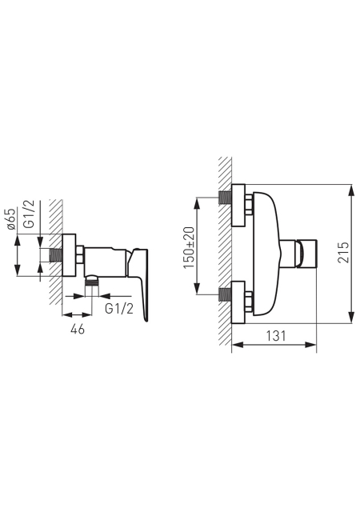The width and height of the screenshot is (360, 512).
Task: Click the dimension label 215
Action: [343, 253]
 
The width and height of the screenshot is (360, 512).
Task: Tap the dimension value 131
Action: [276, 335]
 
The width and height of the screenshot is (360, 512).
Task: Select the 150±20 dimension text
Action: [189, 247]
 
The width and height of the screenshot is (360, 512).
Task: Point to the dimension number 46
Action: [78, 329]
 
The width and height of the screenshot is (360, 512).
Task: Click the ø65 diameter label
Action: [12, 218]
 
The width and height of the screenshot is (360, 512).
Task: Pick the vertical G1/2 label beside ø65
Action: [30, 214]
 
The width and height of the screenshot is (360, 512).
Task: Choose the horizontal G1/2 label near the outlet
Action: [119, 308]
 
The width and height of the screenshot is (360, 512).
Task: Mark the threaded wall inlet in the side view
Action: [55, 255]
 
